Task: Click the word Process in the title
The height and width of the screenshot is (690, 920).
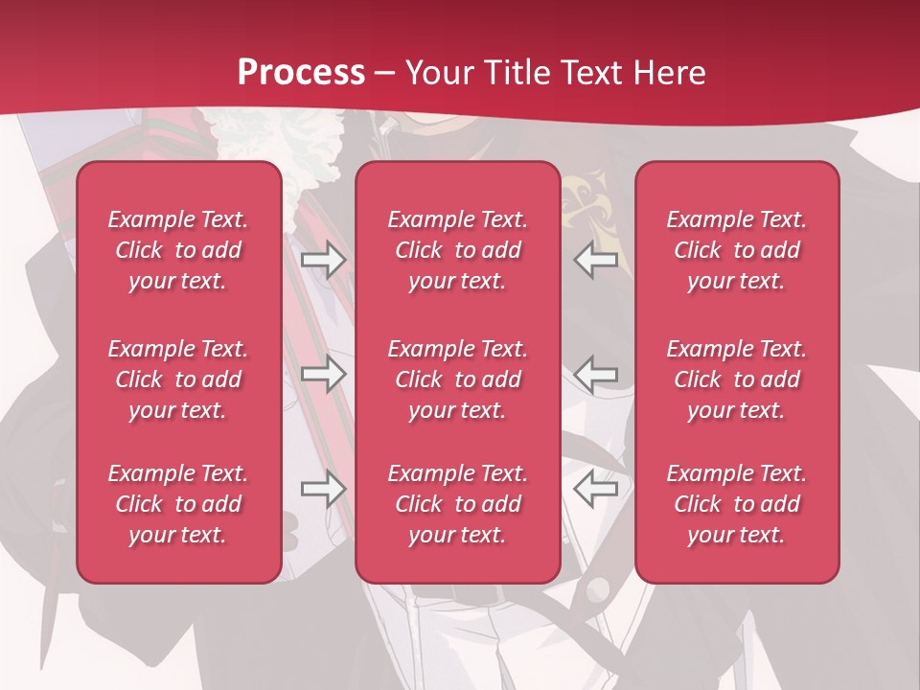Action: coord(301,73)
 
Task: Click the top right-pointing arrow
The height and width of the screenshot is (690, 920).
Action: coord(323,260)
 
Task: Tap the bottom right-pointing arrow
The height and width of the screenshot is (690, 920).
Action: coord(323,490)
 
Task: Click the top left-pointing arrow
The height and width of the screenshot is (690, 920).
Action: coord(595,260)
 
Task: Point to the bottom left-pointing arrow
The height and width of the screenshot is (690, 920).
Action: coord(595,490)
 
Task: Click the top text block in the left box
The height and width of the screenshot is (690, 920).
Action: coord(178,250)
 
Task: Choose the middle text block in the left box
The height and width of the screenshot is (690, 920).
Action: coord(178,379)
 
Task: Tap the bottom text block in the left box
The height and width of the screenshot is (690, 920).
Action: coord(178,504)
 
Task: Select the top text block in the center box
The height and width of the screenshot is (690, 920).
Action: coord(458,250)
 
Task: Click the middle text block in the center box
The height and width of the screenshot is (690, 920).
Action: coord(458,379)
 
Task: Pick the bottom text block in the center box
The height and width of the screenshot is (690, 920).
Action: coord(458,504)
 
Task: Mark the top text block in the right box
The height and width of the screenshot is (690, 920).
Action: coord(737,250)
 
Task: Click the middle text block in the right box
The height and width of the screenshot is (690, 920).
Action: coord(737,379)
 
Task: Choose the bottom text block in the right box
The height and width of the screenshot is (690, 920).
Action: coord(737,504)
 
